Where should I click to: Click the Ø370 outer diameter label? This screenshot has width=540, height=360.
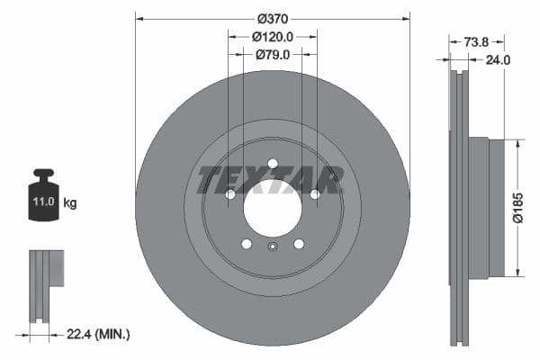coord(272,19)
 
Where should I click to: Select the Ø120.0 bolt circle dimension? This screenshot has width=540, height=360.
coord(272,37)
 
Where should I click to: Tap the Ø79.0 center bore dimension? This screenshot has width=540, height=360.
coord(272,54)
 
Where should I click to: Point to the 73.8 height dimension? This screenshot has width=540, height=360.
coord(476,41)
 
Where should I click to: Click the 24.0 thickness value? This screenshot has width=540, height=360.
coord(497,60)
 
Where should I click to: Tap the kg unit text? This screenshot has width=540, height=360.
coord(70,203)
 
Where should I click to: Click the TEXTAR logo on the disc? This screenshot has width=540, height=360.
coord(271,180)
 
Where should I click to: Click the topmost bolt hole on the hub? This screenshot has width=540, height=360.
coord(273,163)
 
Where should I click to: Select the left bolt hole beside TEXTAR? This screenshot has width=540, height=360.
coord(230,194)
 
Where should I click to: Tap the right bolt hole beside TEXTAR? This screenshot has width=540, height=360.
coord(315,194)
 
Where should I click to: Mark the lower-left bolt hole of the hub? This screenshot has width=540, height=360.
coord(247,244)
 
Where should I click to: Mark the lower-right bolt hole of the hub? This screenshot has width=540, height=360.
coord(299,244)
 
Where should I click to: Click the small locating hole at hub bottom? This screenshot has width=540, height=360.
coord(273,248)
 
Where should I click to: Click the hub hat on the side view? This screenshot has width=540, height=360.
coord(476,207)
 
